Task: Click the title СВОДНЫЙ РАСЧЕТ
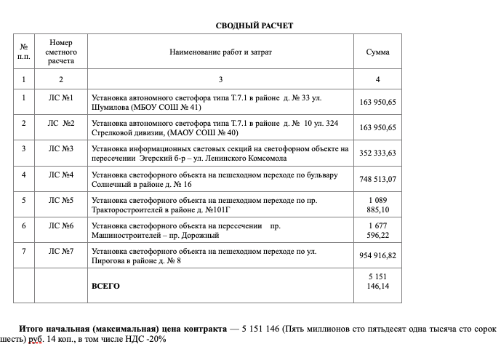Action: coord(254,25)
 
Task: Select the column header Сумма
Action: coord(377,52)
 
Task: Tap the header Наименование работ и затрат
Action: coord(221,52)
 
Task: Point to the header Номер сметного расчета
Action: coord(61,52)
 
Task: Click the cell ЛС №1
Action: coord(61,97)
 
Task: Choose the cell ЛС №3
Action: coord(61,148)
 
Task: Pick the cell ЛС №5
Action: coord(61,200)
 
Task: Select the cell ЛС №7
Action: coord(61,251)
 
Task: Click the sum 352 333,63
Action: coord(377,153)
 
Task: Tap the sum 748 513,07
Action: coord(377,179)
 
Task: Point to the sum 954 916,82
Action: coord(377,256)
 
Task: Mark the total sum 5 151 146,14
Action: coord(377,281)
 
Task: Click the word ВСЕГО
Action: coord(105,286)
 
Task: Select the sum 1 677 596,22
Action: coord(377,231)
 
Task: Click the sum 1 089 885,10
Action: coord(377,205)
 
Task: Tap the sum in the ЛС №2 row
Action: coord(377,127)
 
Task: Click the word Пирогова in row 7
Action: coord(109,260)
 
